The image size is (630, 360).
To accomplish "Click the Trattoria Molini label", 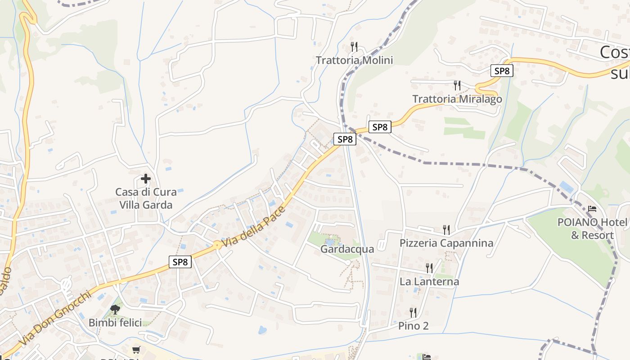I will coord(354,60).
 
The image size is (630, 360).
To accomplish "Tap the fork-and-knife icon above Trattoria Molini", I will coord(354,46).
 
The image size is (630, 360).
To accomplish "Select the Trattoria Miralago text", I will coord(457,99).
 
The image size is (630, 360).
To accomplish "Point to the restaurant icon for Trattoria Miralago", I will coord(457,85).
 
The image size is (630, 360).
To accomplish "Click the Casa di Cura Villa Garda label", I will coord(146,198).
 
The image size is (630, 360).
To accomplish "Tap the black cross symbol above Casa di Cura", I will coord(146,179).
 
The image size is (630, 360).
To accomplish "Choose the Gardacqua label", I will coord(347,249).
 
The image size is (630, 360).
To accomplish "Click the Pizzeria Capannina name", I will coord(446,243).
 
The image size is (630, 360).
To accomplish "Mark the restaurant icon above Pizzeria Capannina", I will coord(446,230).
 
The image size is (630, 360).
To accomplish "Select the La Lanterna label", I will coord(429,282).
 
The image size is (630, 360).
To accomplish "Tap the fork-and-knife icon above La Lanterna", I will coord(429,268).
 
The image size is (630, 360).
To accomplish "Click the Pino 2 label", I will coord(413,326).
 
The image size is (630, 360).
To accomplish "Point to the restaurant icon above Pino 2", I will coord(413,312).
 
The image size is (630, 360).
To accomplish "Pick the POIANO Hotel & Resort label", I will coord(592,229).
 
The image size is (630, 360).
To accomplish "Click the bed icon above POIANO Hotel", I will coord(592,209).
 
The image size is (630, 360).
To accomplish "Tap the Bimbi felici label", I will coord(115,323).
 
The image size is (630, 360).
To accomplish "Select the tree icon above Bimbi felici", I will coord(115,309).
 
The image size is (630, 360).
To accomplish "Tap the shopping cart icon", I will coord(136,350).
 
